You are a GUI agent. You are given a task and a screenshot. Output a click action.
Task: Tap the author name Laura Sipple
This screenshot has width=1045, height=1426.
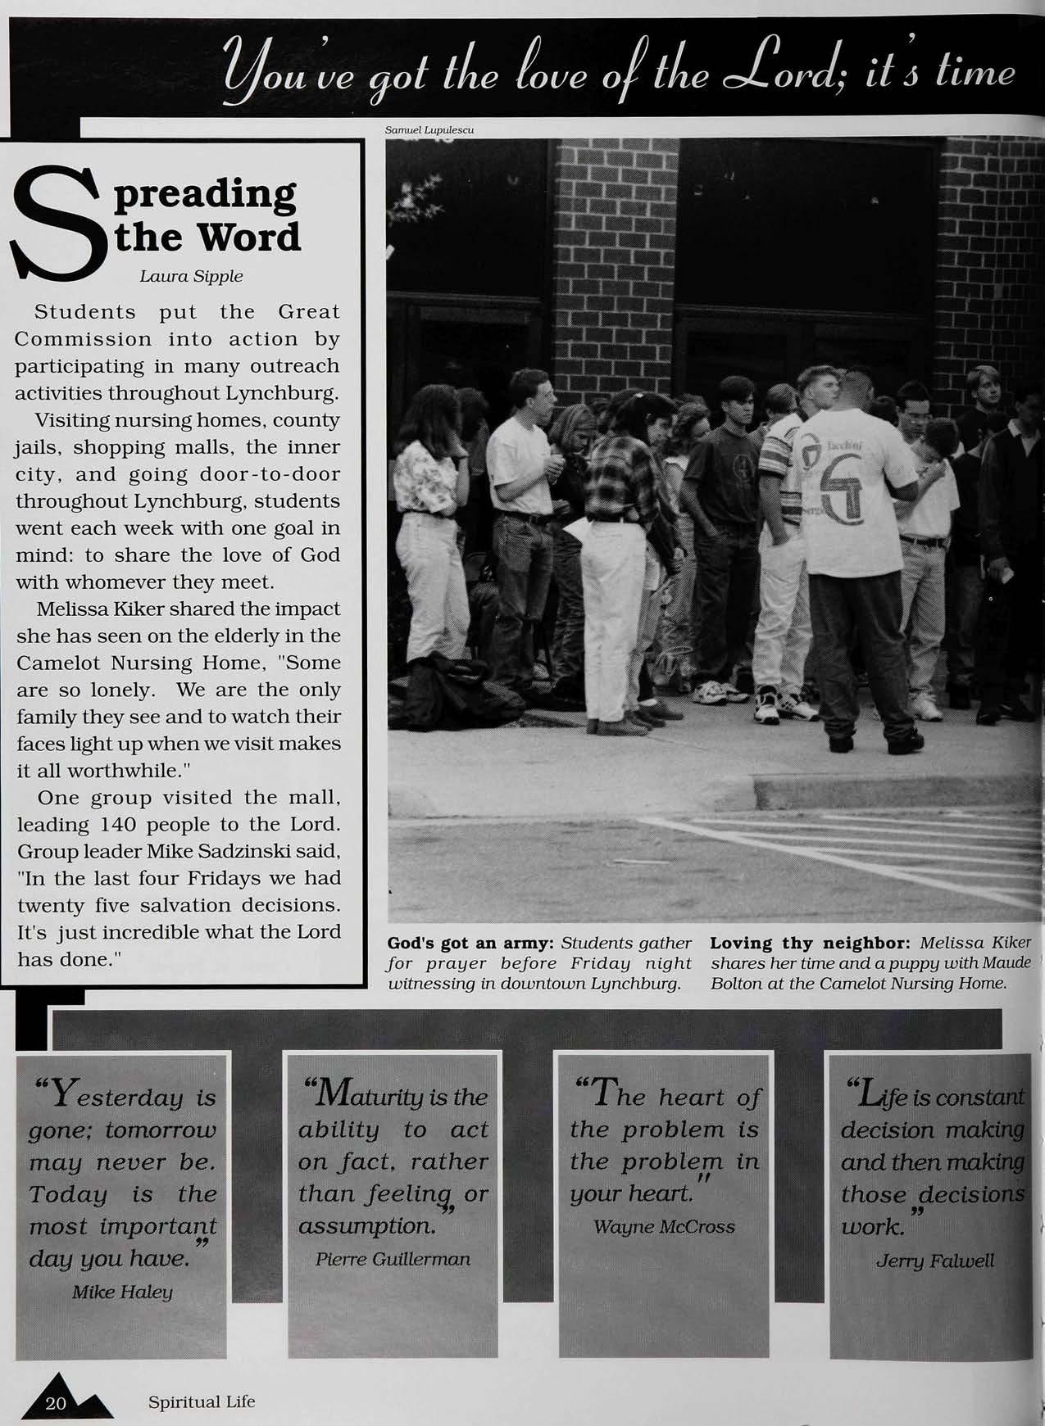[191, 276]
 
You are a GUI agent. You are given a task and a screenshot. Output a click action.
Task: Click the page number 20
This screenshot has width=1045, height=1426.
[56, 1403]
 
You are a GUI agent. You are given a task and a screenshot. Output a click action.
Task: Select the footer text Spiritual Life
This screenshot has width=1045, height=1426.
[201, 1401]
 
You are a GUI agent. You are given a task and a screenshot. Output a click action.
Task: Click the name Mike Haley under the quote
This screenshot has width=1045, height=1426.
[122, 1292]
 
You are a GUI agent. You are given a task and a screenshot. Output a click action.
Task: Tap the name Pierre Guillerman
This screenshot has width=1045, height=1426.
[393, 1258]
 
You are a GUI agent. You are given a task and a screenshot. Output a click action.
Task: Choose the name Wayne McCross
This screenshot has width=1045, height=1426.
[663, 1226]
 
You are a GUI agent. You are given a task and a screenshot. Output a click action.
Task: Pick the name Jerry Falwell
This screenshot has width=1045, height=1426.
[934, 1260]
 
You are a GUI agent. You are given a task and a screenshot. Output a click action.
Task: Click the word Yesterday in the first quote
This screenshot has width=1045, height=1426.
[125, 1096]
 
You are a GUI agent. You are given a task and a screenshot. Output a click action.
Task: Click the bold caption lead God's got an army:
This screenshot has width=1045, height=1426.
[470, 943]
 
